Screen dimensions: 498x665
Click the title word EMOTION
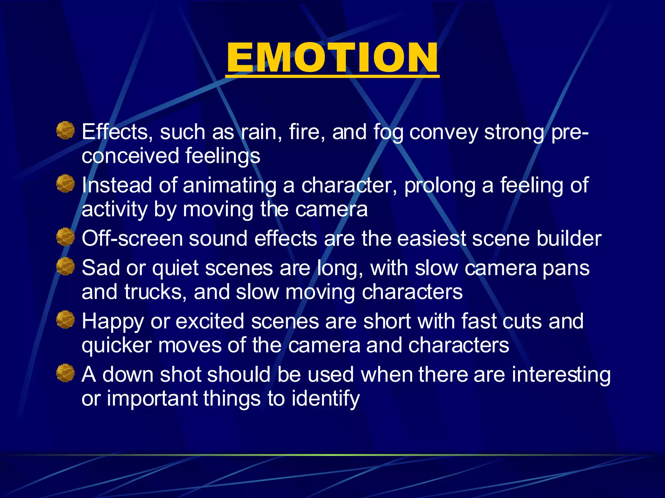click(332, 58)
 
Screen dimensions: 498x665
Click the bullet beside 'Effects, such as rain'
click(66, 130)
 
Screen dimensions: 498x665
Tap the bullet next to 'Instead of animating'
click(66, 184)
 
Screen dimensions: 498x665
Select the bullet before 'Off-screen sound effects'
click(66, 237)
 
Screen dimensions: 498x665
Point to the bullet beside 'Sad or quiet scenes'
click(66, 266)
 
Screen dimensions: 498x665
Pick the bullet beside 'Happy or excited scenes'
click(66, 319)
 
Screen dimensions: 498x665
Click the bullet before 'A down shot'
click(66, 373)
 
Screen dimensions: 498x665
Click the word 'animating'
click(229, 186)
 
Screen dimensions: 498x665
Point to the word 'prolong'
click(439, 186)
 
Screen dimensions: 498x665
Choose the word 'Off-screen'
click(132, 239)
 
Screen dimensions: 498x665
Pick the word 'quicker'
click(117, 346)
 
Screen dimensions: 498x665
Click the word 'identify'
click(326, 399)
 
